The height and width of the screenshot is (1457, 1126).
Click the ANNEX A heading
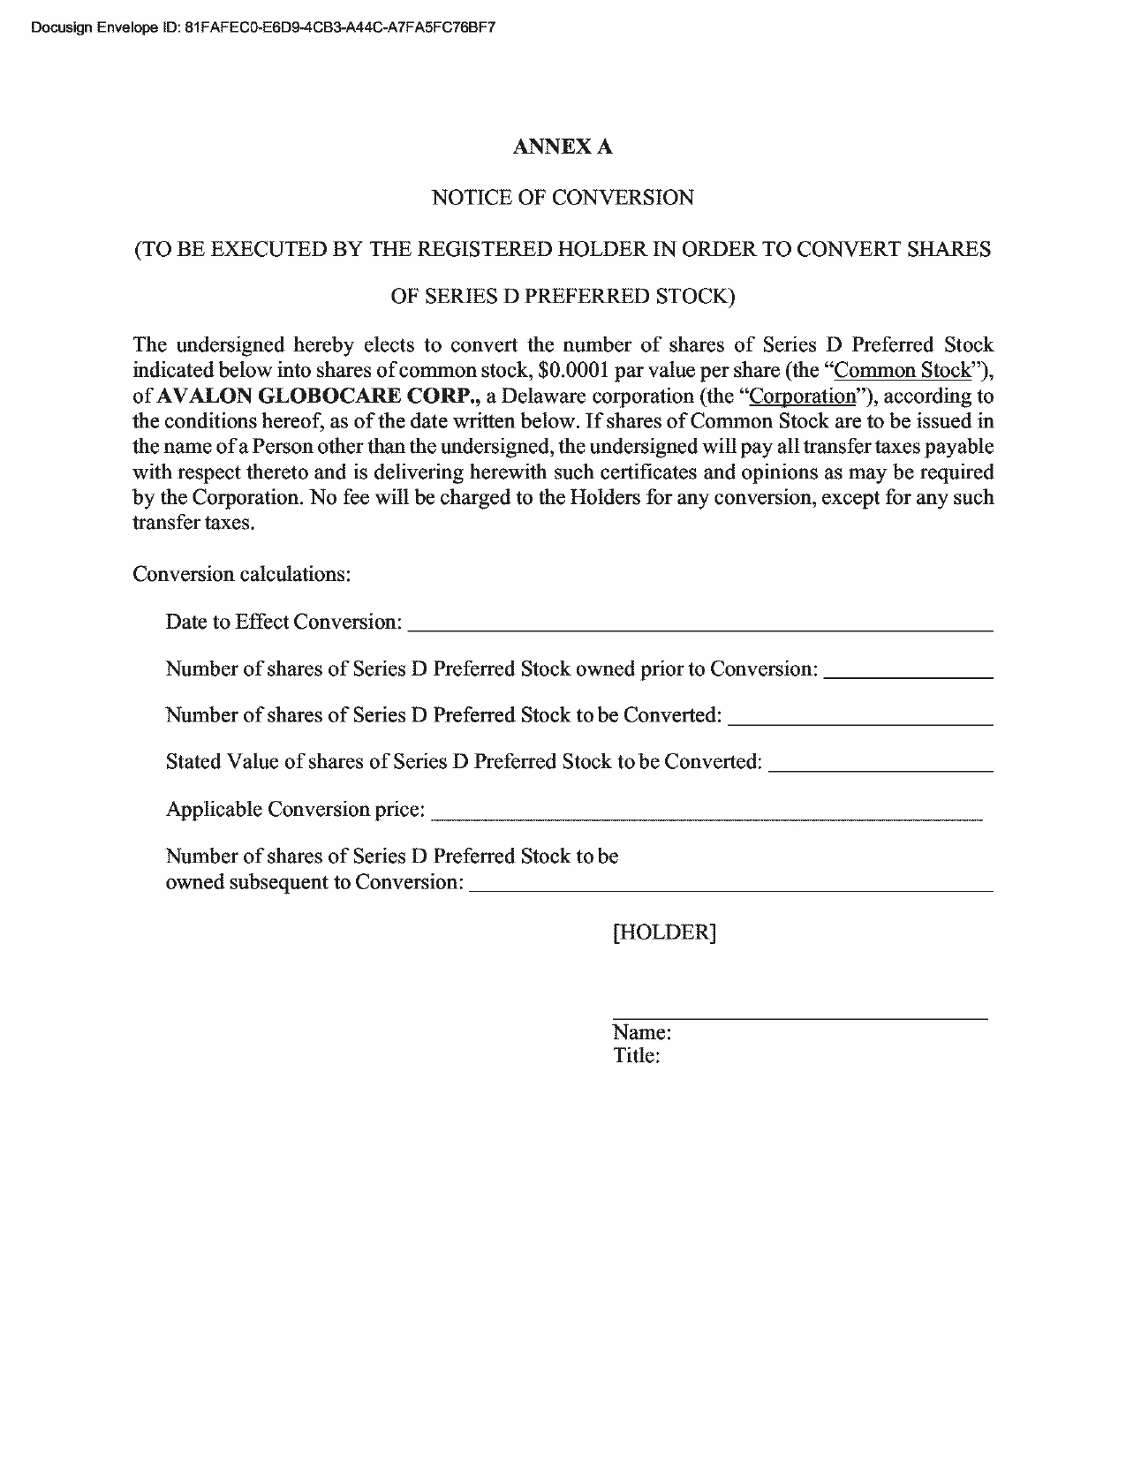562,147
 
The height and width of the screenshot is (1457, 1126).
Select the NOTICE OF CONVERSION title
562,198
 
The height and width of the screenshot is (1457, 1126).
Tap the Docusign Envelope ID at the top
262,27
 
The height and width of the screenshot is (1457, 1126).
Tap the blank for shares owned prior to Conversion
908,675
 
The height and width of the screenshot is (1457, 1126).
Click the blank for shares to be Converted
860,721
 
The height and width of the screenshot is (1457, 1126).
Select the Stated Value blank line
880,768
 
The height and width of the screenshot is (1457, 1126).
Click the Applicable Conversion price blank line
706,817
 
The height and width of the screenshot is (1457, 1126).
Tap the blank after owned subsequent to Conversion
730,888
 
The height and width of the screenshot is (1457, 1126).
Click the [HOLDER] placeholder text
664,932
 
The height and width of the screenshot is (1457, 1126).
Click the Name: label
642,1032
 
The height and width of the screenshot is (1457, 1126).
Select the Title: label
637,1056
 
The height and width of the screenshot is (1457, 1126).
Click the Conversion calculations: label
242,574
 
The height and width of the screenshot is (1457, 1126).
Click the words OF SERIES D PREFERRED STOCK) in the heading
563,296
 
